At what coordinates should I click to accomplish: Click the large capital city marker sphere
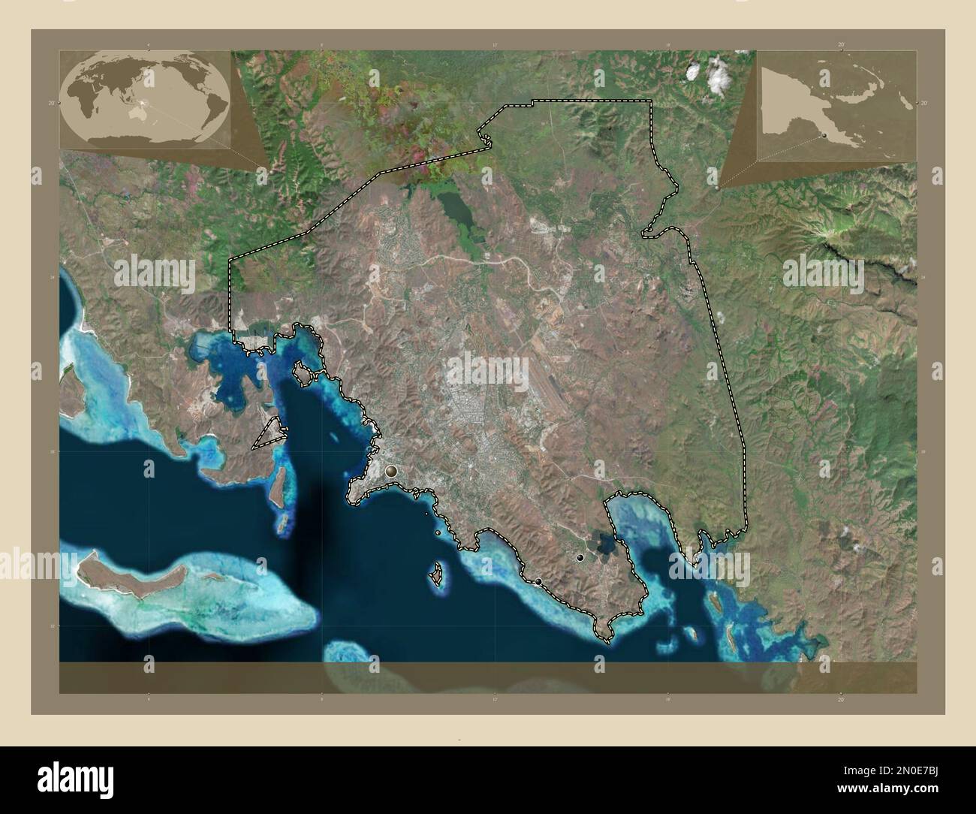click(390, 472)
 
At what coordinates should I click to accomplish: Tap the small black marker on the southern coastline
click(538, 581)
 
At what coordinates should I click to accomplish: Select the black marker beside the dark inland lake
click(580, 558)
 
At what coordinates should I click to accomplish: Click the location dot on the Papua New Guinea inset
click(823, 135)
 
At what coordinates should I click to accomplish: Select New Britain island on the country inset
click(863, 95)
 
